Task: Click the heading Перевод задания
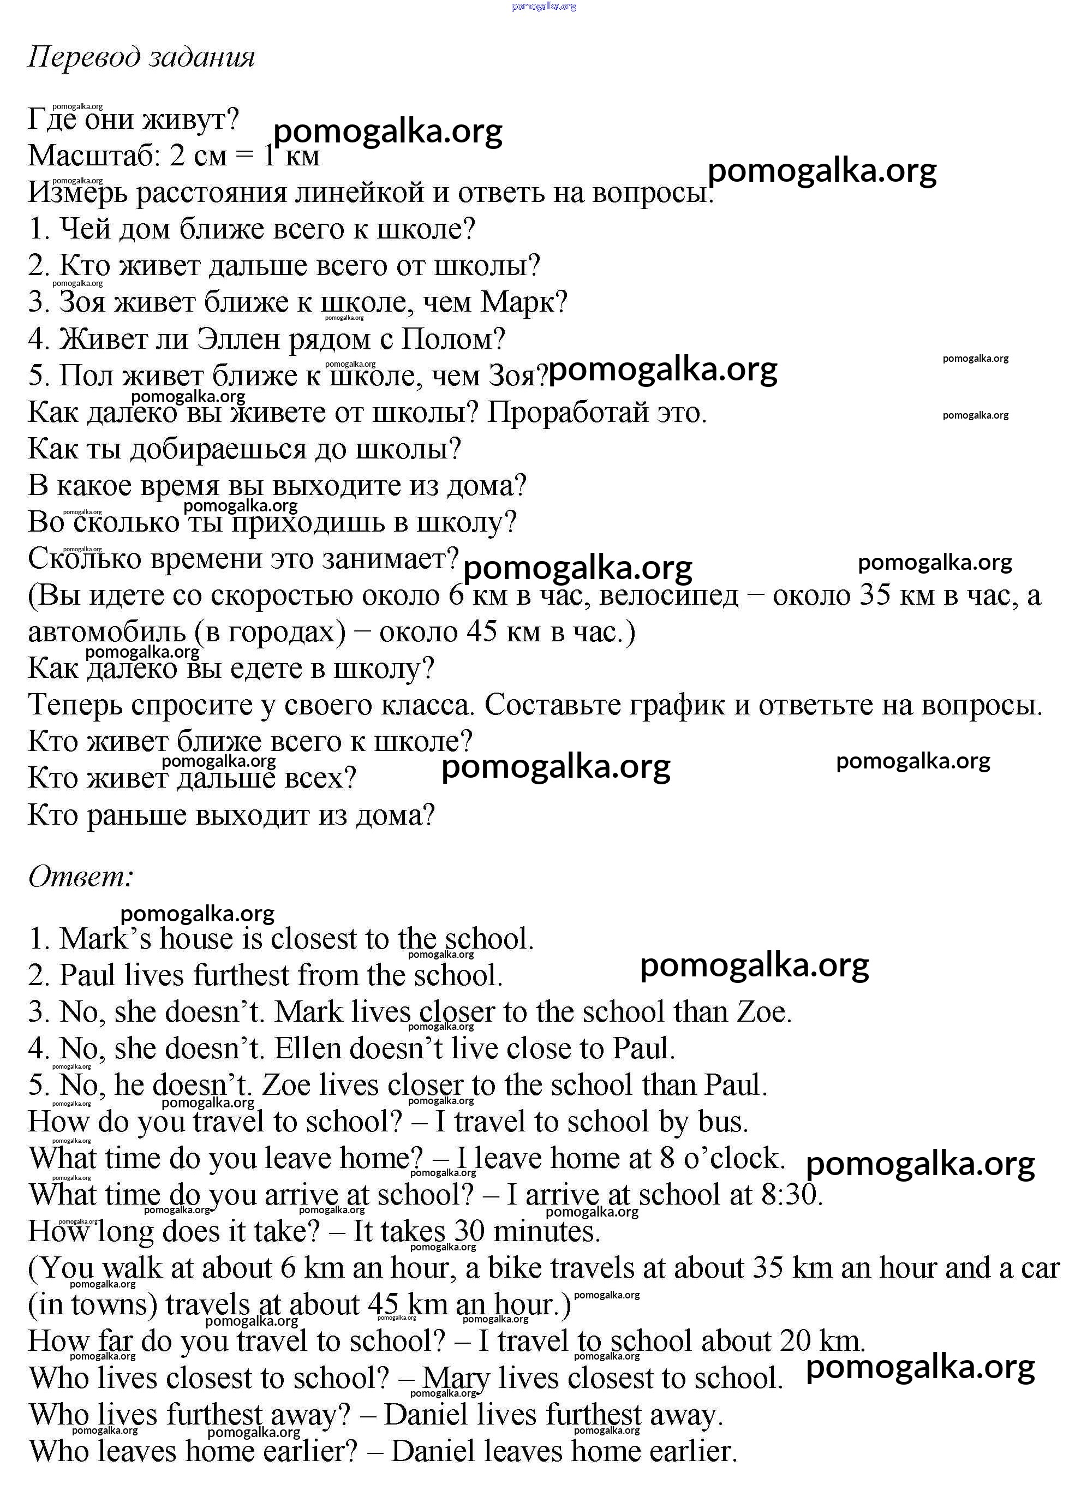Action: pyautogui.click(x=141, y=57)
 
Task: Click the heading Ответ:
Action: pyautogui.click(x=81, y=877)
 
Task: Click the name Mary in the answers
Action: pyautogui.click(x=456, y=1379)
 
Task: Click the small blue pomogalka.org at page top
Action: pyautogui.click(x=544, y=6)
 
